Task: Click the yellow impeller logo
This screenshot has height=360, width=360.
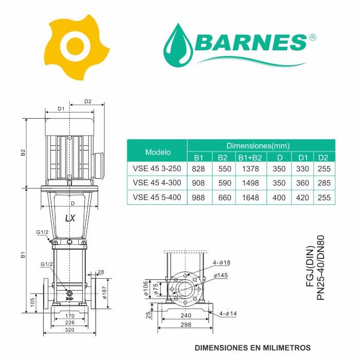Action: click(x=76, y=47)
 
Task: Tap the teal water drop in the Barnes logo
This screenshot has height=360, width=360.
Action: click(x=178, y=46)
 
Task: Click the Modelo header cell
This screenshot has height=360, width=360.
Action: click(x=158, y=152)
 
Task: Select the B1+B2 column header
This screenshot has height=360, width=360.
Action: click(x=250, y=158)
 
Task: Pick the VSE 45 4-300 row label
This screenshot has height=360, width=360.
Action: click(x=157, y=183)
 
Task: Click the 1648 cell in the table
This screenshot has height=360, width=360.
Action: click(x=251, y=197)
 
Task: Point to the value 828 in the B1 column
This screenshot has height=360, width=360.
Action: click(x=198, y=169)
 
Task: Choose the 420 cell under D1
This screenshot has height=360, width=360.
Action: click(x=302, y=197)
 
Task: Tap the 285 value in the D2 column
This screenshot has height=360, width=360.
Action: click(x=324, y=183)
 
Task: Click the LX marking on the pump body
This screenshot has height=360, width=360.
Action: click(x=70, y=218)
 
